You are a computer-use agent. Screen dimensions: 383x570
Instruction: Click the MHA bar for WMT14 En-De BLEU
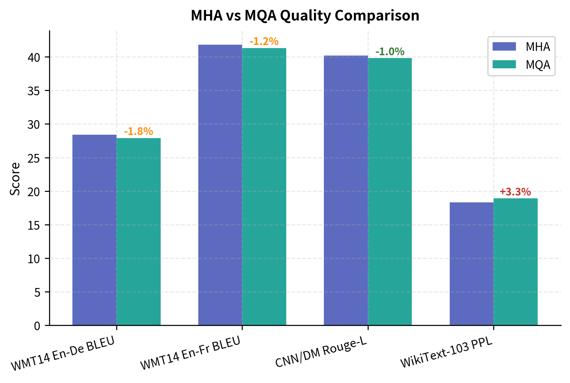pos(94,230)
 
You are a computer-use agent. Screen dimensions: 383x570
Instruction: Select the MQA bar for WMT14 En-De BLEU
pos(139,232)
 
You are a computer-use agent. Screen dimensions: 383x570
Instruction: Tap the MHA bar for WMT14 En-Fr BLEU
pos(220,185)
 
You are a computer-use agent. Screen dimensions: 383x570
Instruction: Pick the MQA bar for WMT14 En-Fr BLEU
pos(264,187)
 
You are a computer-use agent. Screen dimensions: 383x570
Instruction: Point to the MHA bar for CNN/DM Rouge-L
pos(346,190)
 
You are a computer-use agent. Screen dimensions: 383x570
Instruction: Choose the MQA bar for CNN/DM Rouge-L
pos(390,191)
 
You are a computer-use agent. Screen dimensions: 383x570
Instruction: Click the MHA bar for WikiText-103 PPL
pos(471,264)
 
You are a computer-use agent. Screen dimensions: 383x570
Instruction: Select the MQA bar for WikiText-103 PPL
pos(516,262)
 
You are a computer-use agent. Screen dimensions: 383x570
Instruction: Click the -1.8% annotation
pos(139,132)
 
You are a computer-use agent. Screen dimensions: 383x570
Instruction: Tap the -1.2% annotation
pos(264,42)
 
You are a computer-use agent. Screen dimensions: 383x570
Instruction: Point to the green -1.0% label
pos(390,52)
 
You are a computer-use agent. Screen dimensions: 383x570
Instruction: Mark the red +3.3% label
pos(515,192)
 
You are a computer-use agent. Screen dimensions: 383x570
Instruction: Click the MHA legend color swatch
pos(504,47)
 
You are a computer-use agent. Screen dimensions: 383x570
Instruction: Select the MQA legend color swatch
pos(504,64)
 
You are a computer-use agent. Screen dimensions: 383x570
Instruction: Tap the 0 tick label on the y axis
pos(37,326)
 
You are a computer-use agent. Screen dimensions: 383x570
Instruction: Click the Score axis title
pos(15,179)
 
